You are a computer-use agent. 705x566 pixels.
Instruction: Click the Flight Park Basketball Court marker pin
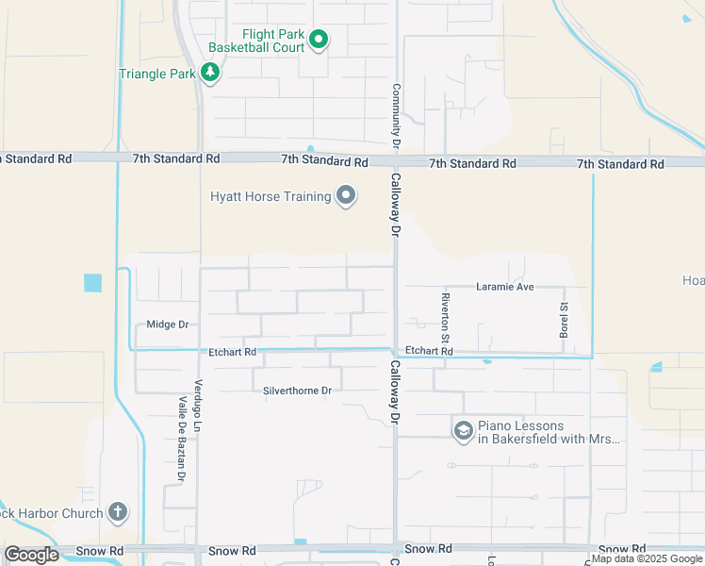pos(319,40)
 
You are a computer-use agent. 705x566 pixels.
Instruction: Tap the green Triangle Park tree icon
pos(210,73)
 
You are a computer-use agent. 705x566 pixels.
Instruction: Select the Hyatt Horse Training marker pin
pos(346,196)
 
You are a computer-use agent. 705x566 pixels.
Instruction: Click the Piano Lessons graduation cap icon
pos(463,431)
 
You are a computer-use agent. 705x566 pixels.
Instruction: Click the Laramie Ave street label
pos(505,286)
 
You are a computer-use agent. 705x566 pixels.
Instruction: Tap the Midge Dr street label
pos(168,325)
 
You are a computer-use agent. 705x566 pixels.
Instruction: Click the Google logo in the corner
pos(31,555)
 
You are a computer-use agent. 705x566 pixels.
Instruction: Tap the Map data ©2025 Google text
pos(648,559)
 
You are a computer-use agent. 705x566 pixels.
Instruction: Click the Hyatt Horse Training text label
pos(271,196)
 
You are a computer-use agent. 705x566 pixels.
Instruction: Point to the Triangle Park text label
pos(157,74)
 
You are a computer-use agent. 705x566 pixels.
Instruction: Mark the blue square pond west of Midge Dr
pos(92,282)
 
